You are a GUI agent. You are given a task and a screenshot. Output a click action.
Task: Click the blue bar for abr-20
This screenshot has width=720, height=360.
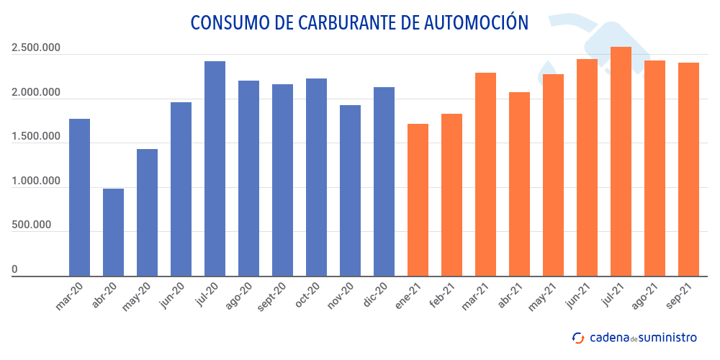coord(113,232)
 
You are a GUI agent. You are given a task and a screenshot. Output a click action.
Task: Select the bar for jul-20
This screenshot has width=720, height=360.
coord(215,168)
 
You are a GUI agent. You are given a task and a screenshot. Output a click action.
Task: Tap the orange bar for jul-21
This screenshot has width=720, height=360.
coord(621,161)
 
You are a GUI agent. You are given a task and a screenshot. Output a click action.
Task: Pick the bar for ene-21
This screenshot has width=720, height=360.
coord(418,199)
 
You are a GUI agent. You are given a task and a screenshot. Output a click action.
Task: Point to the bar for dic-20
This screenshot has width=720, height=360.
coord(384,181)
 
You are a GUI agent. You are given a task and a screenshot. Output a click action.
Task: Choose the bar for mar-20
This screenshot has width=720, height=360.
coord(79,197)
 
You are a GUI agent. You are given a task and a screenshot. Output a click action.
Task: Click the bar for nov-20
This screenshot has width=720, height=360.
coord(350,190)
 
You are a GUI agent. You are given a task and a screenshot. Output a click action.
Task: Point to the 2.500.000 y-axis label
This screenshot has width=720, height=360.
coord(35,48)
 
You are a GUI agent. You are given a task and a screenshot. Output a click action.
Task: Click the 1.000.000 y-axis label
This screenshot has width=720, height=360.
coord(35,181)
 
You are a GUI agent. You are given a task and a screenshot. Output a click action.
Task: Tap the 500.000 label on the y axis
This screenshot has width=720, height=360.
coord(31,225)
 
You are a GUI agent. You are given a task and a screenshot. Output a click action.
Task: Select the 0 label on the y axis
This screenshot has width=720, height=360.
coord(14,269)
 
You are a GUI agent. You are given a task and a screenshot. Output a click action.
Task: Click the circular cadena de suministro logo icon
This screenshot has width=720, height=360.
coord(578,337)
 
